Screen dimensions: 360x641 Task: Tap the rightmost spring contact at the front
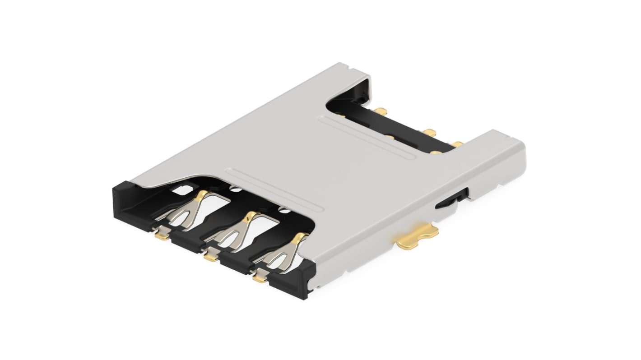tap(282, 255)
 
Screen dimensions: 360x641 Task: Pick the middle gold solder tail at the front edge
tap(210, 257)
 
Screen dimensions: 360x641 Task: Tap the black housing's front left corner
tap(122, 198)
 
